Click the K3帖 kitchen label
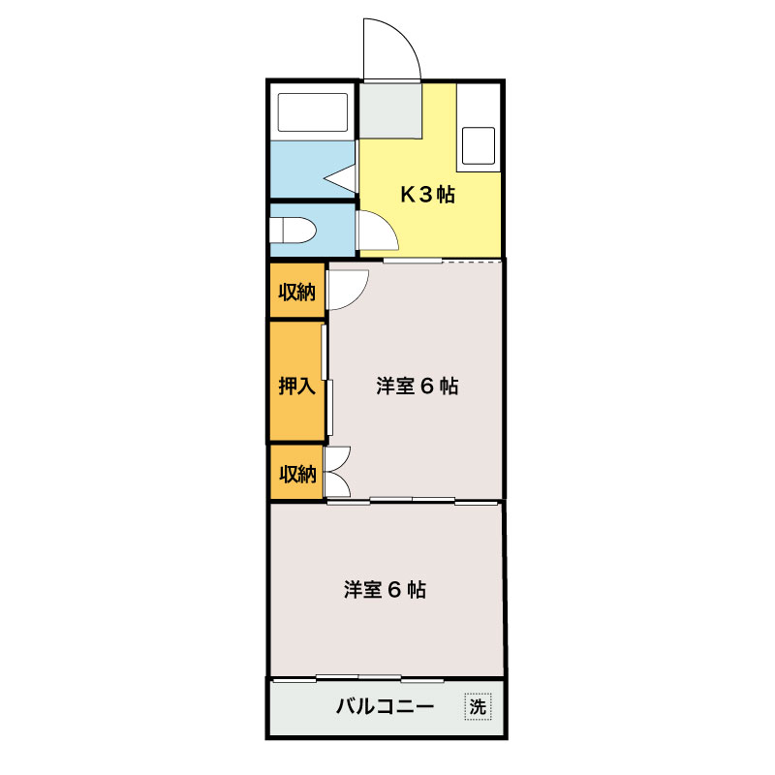[428, 195]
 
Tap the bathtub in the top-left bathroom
[313, 113]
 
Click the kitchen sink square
[478, 144]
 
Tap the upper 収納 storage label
[297, 292]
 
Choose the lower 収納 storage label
[297, 473]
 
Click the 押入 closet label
[297, 386]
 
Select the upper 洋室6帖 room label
[417, 386]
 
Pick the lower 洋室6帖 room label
[385, 589]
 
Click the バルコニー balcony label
[385, 707]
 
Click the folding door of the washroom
[341, 177]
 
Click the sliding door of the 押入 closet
[328, 383]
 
